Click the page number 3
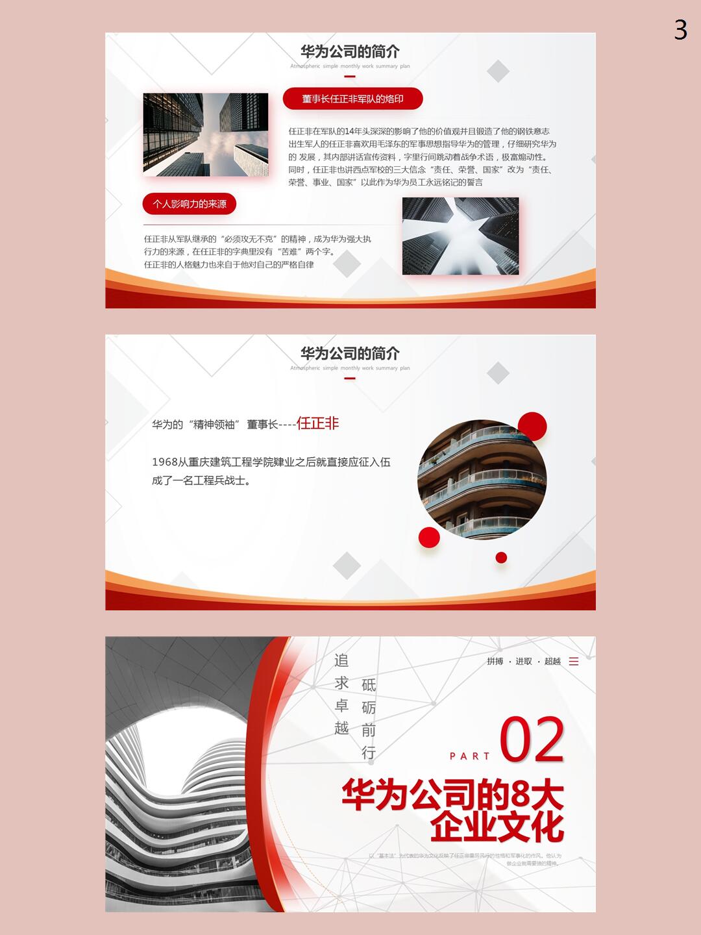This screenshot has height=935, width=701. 680,30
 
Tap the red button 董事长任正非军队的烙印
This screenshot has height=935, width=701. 352,99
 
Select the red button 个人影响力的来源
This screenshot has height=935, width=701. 190,204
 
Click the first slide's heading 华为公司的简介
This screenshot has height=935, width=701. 350,51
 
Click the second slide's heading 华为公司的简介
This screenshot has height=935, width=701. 350,353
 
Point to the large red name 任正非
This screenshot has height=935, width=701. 318,423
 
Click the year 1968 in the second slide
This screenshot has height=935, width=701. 164,462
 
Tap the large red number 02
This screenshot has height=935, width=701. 532,740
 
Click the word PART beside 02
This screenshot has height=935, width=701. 470,756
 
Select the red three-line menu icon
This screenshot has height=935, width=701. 574,661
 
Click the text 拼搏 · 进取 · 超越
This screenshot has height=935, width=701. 524,661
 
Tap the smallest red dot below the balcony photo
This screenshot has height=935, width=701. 501,557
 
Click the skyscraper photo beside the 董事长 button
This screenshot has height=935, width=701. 205,134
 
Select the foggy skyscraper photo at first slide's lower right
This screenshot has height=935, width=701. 460,236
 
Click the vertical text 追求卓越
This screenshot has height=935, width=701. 341,693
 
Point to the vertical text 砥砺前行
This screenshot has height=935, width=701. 369,719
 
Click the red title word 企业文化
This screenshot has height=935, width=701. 497,826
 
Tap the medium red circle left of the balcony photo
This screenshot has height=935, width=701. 429,537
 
